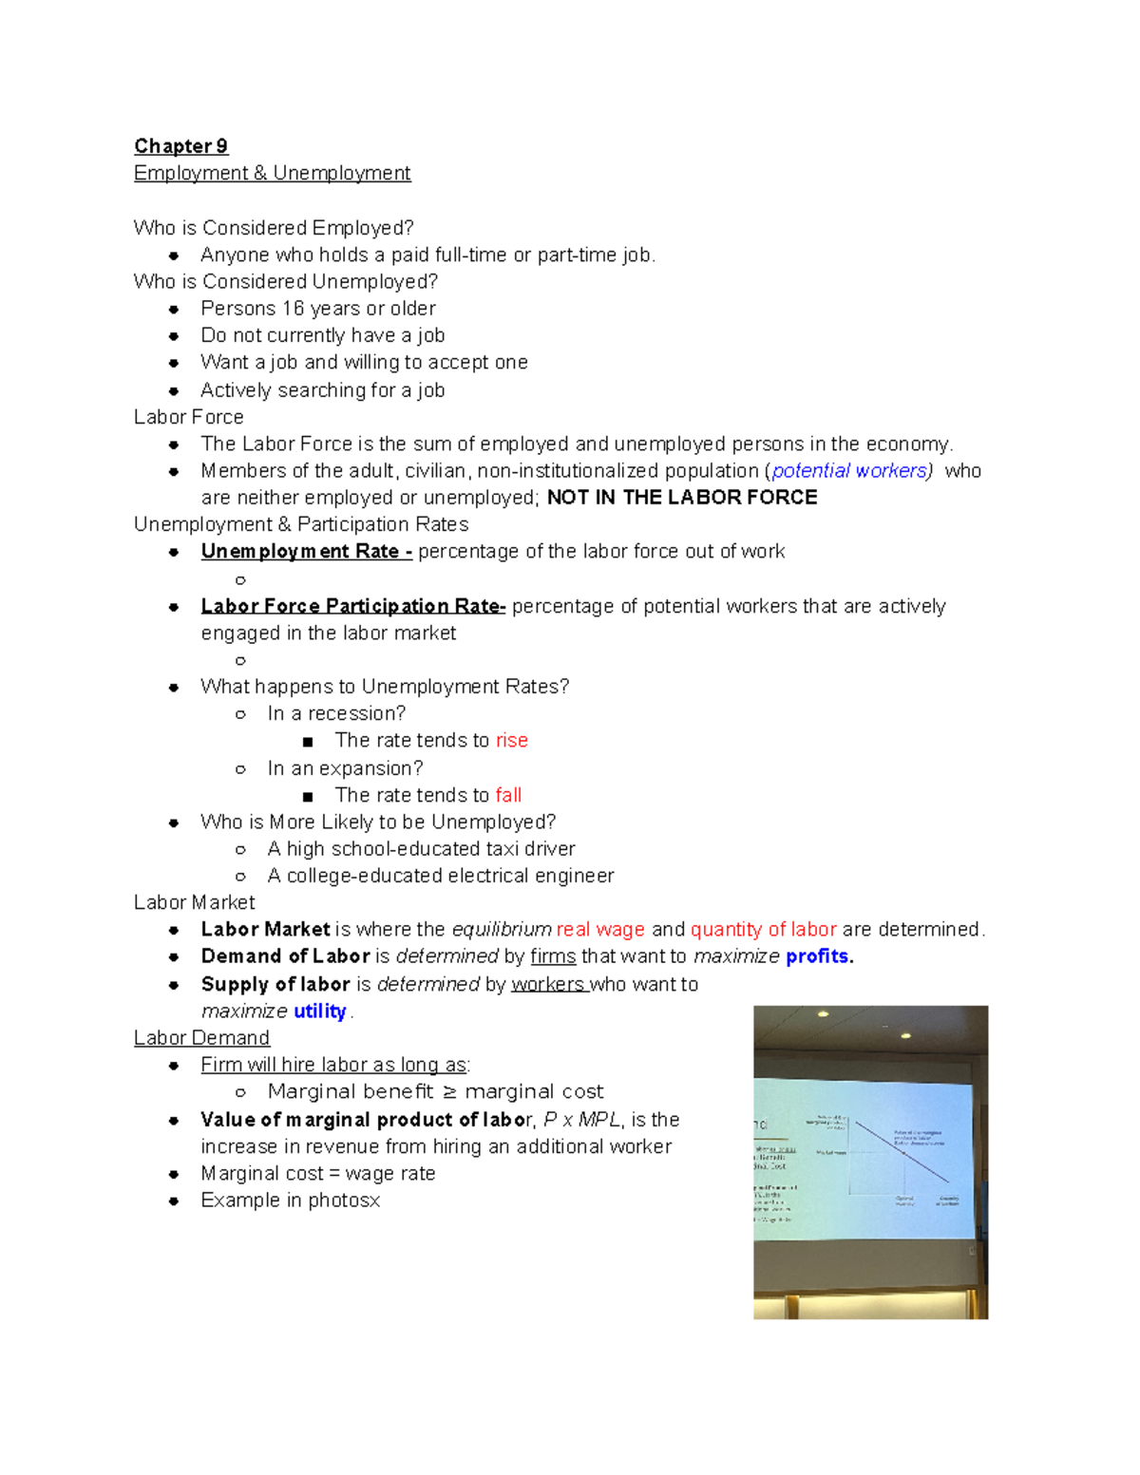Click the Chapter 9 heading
click(180, 146)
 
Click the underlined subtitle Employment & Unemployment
click(272, 173)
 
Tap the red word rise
click(511, 741)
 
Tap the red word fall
click(508, 795)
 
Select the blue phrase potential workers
click(850, 471)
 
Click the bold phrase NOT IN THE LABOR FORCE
click(682, 498)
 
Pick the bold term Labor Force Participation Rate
click(351, 606)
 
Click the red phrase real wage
click(600, 930)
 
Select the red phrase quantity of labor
click(763, 930)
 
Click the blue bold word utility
click(319, 1012)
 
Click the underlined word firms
click(553, 956)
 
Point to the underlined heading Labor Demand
click(201, 1038)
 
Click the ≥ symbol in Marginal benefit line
click(449, 1092)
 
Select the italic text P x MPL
click(581, 1120)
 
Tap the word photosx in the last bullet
click(344, 1201)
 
